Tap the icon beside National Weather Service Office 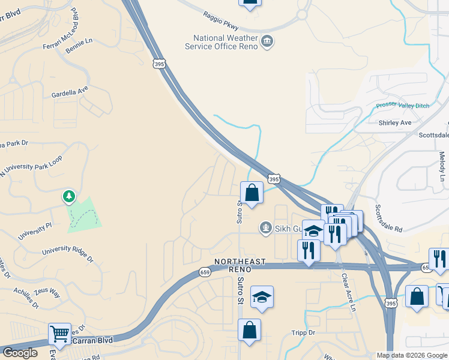tap(268, 41)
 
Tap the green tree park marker tap(70, 196)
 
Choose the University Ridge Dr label tap(68, 254)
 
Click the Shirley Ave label tap(395, 123)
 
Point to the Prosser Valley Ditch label tap(403, 106)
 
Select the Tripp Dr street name tap(303, 332)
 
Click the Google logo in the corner tap(19, 353)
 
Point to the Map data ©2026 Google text tap(412, 355)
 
